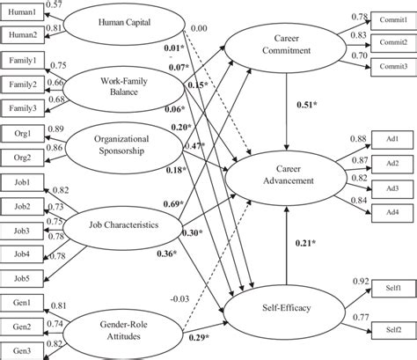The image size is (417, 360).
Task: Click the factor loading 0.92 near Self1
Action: pyautogui.click(x=360, y=281)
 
